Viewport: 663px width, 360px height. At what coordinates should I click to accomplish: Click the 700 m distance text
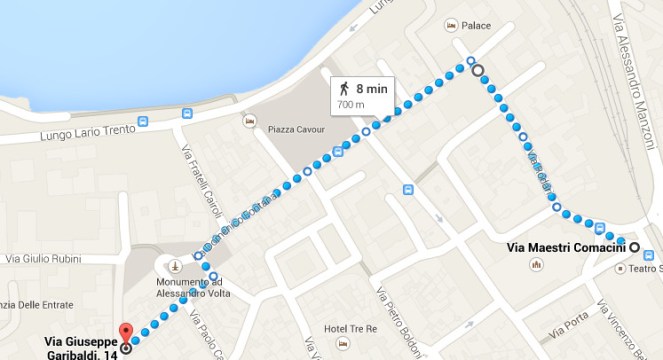[350, 103]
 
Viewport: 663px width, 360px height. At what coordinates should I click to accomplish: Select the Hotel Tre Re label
[348, 329]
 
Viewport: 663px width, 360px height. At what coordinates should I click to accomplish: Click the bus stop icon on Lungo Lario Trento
[144, 122]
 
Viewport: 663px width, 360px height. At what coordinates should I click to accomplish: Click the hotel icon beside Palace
[451, 24]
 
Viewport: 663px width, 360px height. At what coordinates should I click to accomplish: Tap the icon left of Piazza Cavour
[249, 122]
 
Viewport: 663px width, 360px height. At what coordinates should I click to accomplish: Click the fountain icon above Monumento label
[175, 267]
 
